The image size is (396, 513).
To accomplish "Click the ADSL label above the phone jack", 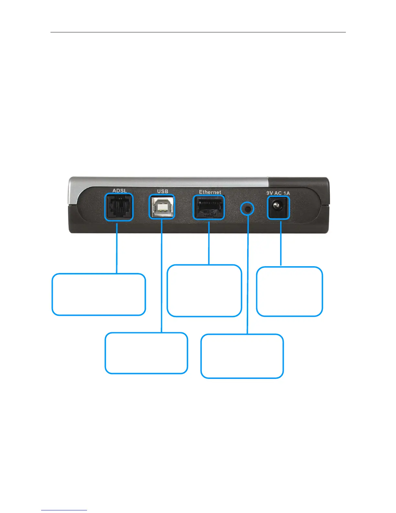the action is pos(119,190).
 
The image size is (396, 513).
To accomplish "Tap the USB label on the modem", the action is pos(162,191).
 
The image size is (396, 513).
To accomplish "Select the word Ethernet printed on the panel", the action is pos(210,192).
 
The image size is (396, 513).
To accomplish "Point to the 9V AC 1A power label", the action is pos(278,193).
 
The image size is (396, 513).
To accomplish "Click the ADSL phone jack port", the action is pos(119,207).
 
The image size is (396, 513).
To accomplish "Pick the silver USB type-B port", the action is pos(162,207).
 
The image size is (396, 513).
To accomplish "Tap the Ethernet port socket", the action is pos(209,208).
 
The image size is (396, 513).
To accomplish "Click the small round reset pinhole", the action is pos(247,209).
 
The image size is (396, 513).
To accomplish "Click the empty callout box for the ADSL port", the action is pos(99,294).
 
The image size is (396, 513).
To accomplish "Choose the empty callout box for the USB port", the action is pos(146,353).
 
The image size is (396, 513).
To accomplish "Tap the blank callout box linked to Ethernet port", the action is pos(204,291).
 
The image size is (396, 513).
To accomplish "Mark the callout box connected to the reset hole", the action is pos(242,356).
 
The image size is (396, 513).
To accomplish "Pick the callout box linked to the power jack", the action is pos(290,291).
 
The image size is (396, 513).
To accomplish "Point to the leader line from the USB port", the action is pos(161,275).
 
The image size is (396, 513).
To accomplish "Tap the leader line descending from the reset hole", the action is pos(247,275).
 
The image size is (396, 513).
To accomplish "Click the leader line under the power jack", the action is pos(280,243).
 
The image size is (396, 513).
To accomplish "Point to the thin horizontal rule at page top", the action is pos(198,32).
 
